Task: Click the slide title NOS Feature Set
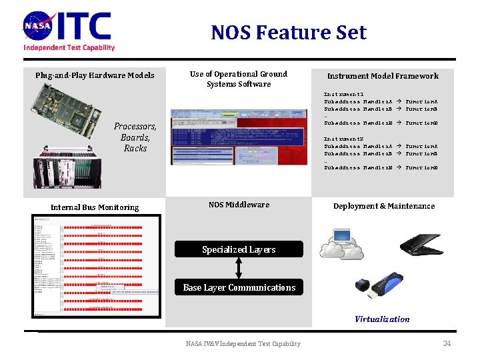click(289, 32)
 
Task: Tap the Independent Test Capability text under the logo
click(69, 47)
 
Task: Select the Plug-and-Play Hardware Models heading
click(95, 75)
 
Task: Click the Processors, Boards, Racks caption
click(135, 137)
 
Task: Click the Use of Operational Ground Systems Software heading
click(238, 79)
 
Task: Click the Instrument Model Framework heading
click(383, 76)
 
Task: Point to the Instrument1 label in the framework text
click(343, 95)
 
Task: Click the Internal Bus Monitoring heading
click(95, 207)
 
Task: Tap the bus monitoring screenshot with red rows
click(96, 266)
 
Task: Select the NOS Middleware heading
click(239, 205)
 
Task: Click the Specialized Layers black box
click(239, 249)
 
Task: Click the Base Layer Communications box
click(239, 287)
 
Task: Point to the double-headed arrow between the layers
click(239, 268)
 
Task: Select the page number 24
click(447, 343)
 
